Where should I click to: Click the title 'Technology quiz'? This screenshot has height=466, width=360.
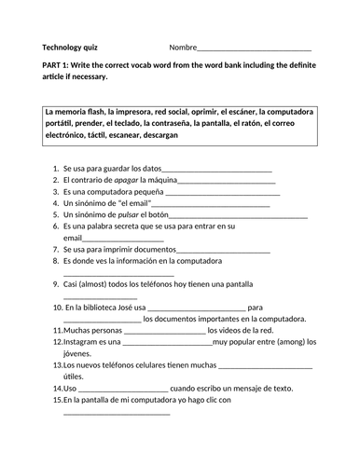tap(69, 47)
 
